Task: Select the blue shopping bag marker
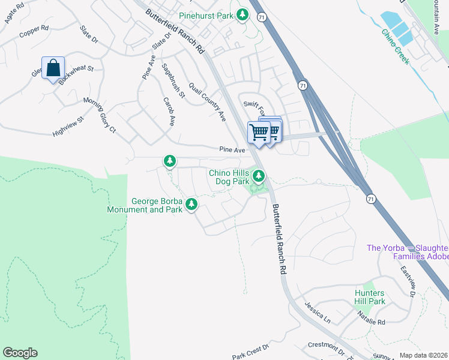(x=53, y=68)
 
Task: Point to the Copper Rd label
(x=34, y=30)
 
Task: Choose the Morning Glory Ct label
(x=99, y=114)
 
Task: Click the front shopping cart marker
(x=259, y=131)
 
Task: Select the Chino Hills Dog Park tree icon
(x=259, y=176)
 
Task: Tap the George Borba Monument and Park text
(x=144, y=206)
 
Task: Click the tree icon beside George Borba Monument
(x=191, y=205)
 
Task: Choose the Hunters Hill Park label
(x=369, y=297)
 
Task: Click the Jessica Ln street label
(x=317, y=310)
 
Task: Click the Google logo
(x=20, y=353)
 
